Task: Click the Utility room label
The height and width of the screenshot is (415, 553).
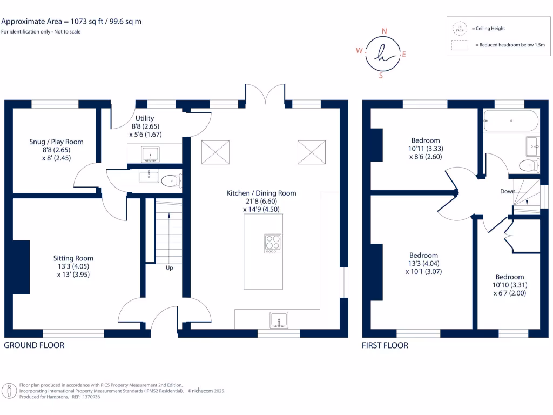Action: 145,118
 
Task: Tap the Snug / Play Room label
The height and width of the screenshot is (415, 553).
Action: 56,142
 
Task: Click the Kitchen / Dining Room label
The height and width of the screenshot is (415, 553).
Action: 261,193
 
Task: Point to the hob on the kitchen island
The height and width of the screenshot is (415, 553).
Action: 273,243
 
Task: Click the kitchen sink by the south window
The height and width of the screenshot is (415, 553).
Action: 279,319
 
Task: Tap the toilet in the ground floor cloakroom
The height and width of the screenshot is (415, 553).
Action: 170,180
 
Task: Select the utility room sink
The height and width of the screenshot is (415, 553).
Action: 150,153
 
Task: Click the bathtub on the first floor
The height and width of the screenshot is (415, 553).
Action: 511,121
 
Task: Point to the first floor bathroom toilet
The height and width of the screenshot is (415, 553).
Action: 527,165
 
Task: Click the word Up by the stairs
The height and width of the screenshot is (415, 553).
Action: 169,268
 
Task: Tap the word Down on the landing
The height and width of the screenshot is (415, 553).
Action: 507,191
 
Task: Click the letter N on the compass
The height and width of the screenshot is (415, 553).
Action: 384,31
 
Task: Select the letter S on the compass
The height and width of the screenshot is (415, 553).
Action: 381,76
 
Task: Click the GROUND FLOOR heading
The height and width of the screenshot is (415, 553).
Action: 34,345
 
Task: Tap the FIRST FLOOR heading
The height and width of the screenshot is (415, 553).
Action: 385,345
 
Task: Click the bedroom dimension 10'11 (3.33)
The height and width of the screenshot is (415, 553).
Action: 425,149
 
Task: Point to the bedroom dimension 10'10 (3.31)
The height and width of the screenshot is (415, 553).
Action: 509,285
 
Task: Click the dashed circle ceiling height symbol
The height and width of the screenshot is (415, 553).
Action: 460,28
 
